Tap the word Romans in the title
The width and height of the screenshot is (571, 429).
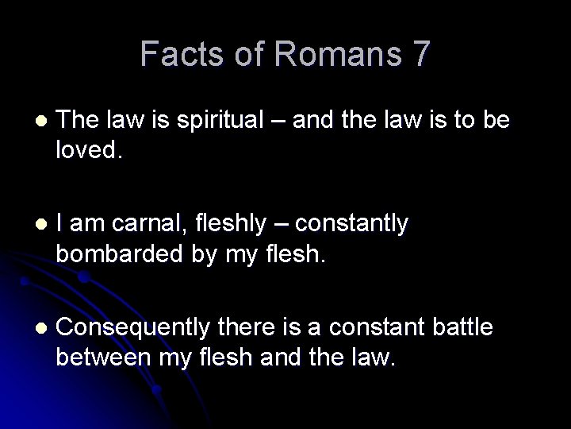[324, 55]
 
